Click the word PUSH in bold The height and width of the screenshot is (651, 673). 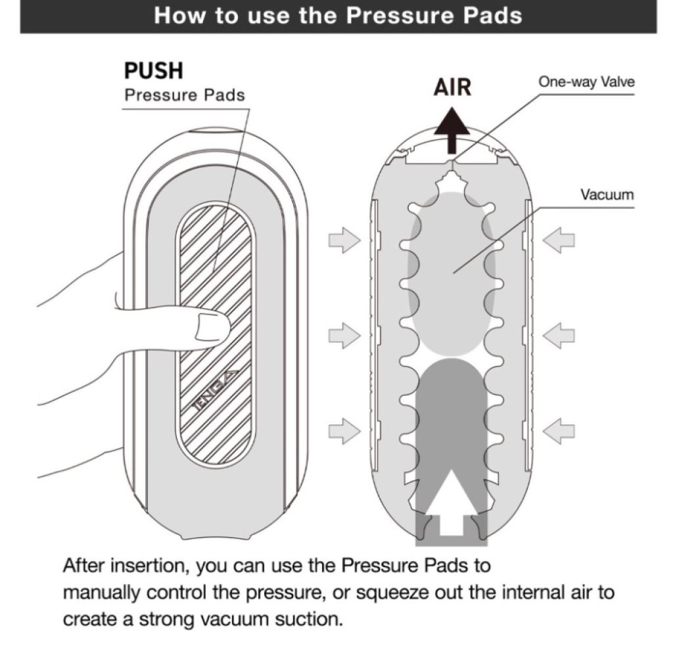coord(154,71)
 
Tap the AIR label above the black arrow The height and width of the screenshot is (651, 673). coord(452,87)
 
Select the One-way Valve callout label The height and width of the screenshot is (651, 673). coord(586,81)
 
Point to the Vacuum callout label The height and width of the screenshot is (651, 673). coord(607,194)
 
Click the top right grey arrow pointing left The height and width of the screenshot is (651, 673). coord(559,240)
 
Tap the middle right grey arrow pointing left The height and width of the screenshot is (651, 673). coord(559,336)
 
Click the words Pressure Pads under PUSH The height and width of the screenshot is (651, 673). coord(185,95)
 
